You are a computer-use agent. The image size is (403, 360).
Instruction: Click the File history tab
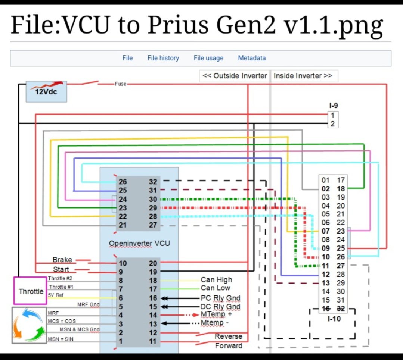(163, 58)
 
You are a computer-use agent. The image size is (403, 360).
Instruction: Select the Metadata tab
(252, 58)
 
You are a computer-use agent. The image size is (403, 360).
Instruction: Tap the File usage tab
(208, 58)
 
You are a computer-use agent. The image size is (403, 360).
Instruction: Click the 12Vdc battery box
(46, 91)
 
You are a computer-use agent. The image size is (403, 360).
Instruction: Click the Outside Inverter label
(235, 76)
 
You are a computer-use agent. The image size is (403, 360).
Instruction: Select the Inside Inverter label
(303, 76)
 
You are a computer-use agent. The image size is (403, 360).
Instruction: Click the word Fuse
(121, 84)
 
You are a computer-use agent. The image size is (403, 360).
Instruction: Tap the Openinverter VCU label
(139, 244)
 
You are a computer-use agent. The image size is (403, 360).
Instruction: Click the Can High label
(216, 280)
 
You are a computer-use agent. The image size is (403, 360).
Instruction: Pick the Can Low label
(215, 288)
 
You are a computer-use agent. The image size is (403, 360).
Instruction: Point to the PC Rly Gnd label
(220, 298)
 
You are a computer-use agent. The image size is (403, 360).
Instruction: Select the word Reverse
(228, 336)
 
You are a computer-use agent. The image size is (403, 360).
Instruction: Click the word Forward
(228, 346)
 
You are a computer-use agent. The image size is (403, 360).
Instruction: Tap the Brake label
(62, 260)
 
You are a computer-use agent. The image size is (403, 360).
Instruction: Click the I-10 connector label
(334, 319)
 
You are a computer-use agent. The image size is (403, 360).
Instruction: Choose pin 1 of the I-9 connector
(333, 115)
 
